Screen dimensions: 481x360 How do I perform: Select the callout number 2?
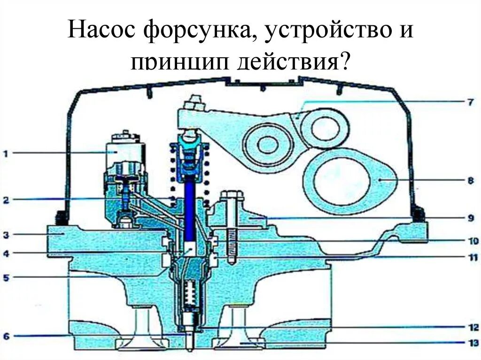click(x=6, y=200)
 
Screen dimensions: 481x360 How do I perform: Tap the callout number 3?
click(x=6, y=234)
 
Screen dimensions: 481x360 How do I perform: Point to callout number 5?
click(x=6, y=277)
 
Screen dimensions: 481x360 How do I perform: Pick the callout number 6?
click(x=6, y=336)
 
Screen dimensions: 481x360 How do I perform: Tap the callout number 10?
click(x=471, y=241)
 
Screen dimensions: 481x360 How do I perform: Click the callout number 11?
click(x=471, y=258)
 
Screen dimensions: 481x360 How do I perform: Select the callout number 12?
click(x=471, y=327)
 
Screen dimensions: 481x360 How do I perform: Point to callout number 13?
click(x=471, y=343)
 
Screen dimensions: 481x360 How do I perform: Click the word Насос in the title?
click(x=101, y=31)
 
